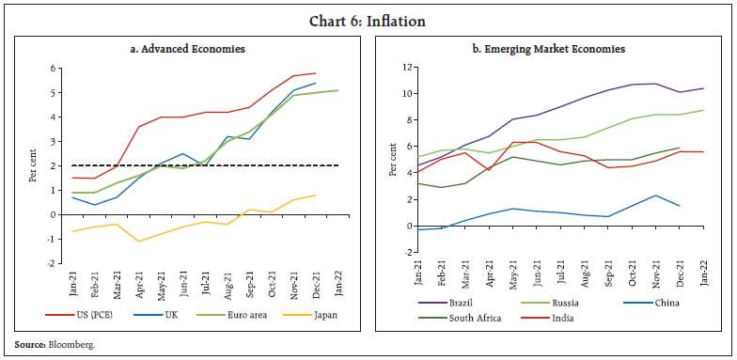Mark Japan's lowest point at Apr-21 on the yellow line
click(x=139, y=242)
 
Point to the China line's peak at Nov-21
click(x=655, y=196)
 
